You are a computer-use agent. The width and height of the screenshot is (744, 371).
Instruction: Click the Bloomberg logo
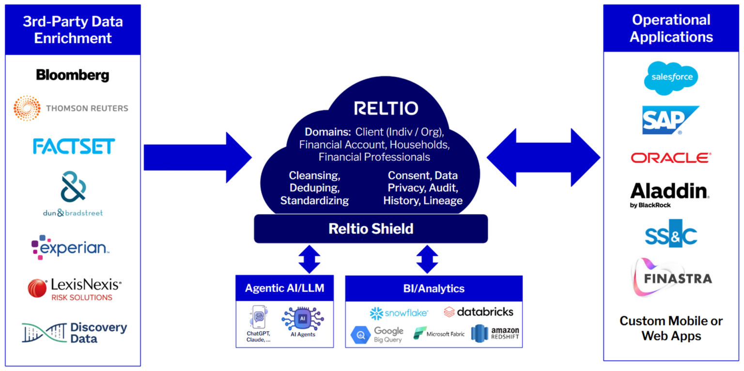[x=73, y=75]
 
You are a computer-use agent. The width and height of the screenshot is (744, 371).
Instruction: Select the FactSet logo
[x=74, y=146]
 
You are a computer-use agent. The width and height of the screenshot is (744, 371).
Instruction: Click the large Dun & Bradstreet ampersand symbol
[x=73, y=186]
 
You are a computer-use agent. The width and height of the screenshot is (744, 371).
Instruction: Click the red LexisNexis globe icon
[x=38, y=288]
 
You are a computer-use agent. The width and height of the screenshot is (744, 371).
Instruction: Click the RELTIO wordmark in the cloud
[x=386, y=108]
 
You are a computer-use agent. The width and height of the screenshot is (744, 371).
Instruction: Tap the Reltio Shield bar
[x=371, y=228]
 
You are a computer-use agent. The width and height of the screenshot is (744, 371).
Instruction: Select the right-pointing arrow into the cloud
[x=198, y=158]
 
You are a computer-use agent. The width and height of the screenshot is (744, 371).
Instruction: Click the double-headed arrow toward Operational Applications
[x=543, y=157]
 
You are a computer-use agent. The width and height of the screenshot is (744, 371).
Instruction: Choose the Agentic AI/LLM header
[x=284, y=289]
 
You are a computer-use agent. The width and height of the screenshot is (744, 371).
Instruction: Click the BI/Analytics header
[x=434, y=289]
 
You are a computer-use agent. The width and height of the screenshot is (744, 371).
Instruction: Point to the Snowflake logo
[x=399, y=313]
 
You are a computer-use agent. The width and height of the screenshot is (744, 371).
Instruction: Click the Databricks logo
[x=478, y=311]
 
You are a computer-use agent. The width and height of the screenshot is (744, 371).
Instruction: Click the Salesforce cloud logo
[x=671, y=76]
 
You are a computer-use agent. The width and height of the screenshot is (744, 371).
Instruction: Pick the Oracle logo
[x=671, y=157]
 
